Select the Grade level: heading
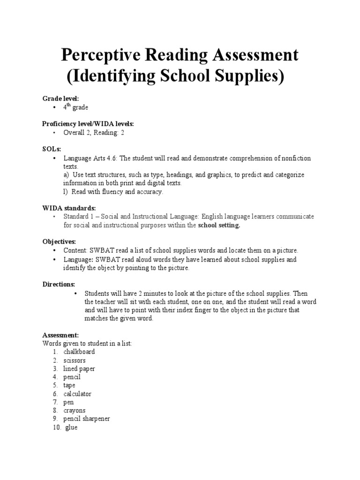click(61, 98)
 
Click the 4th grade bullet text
click(75, 107)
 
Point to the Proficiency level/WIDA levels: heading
click(88, 124)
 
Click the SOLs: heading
click(52, 149)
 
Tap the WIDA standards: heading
click(69, 208)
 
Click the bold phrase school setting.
click(219, 225)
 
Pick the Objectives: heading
click(59, 241)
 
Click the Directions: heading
click(59, 285)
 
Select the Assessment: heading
click(60, 335)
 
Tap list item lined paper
click(79, 368)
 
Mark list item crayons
click(75, 411)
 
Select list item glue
click(71, 427)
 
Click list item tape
click(69, 385)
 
